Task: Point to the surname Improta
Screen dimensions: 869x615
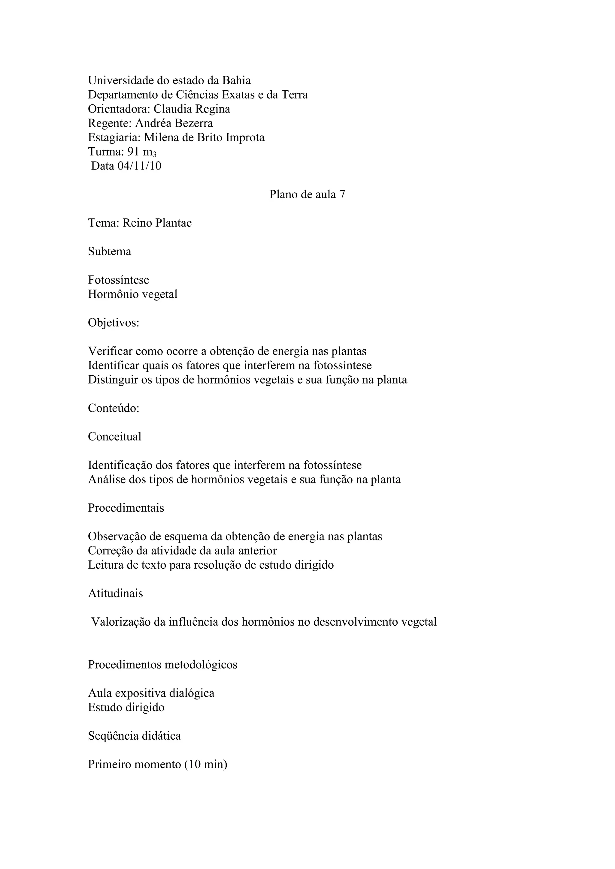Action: coord(245,137)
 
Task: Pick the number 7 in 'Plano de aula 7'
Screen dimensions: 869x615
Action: coord(342,194)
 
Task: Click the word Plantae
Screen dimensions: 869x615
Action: coord(173,223)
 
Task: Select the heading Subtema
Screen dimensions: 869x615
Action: coord(109,252)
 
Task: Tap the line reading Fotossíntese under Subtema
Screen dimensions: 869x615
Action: coord(119,280)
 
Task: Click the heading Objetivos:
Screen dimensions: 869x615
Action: coord(114,323)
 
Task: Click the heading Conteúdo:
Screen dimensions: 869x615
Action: coord(114,408)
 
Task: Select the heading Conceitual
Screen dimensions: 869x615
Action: coord(114,437)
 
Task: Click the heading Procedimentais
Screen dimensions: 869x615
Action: coord(126,508)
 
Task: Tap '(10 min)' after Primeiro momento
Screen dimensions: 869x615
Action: coord(206,764)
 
